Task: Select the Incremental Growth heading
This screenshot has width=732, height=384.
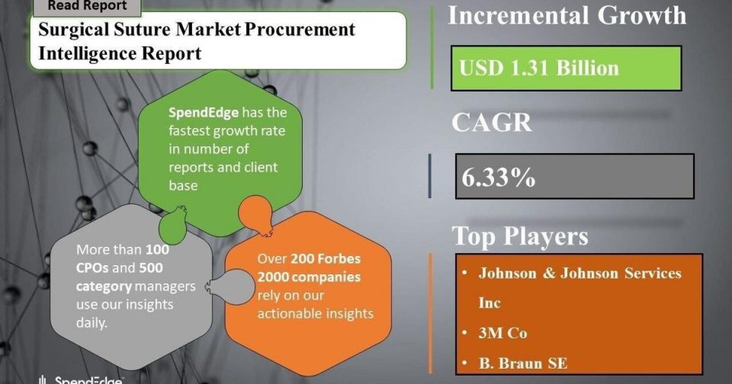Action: click(567, 15)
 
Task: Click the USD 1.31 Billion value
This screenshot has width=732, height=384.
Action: click(539, 68)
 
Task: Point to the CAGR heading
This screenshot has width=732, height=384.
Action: click(492, 123)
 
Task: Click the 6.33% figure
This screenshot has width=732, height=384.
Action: click(499, 177)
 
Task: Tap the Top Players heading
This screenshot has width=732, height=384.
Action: click(521, 235)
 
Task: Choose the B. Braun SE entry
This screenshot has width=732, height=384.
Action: click(523, 363)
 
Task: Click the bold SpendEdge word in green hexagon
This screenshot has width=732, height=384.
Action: click(204, 113)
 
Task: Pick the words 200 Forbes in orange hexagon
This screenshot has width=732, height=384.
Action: click(326, 258)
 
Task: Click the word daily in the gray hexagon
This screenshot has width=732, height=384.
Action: click(91, 323)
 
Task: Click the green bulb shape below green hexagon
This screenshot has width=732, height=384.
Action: click(173, 226)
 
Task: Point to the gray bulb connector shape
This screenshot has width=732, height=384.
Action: click(230, 287)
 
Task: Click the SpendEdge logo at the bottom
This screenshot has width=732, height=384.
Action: click(81, 379)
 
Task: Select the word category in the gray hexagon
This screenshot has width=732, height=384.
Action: click(104, 286)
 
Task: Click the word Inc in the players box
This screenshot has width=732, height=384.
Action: click(490, 302)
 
